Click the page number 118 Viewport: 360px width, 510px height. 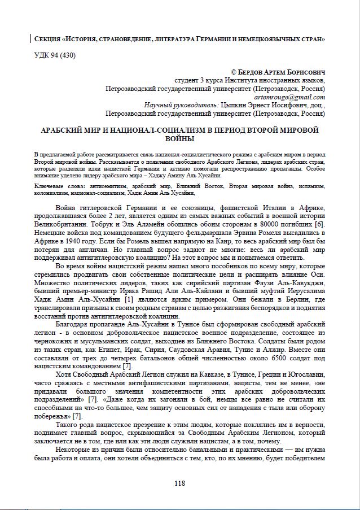(180, 483)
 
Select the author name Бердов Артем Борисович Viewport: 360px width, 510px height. (282, 72)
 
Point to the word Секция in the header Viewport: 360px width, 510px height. (47, 40)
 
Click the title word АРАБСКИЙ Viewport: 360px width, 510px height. (62, 129)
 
